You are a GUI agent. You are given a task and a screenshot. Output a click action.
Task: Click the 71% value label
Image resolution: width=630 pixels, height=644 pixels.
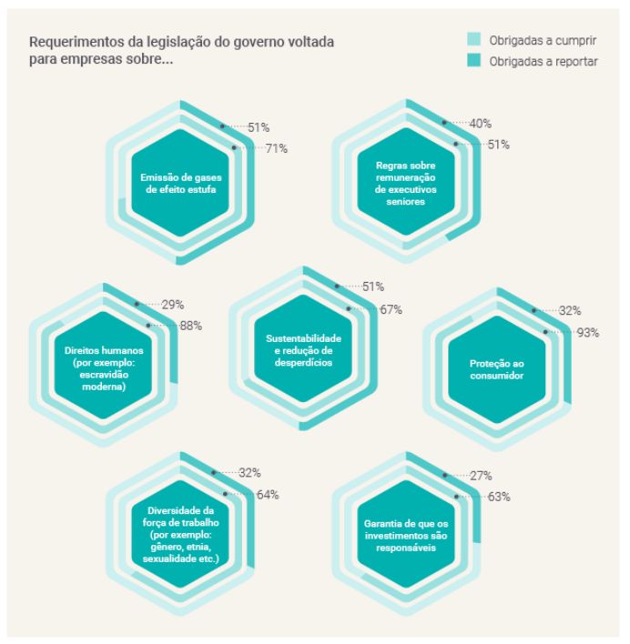276,149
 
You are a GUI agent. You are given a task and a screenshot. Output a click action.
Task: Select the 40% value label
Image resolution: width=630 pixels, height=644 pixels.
481,124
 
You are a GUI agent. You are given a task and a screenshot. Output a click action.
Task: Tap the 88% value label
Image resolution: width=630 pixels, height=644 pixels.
190,326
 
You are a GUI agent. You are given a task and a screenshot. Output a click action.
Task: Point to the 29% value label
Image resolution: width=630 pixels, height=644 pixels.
173,304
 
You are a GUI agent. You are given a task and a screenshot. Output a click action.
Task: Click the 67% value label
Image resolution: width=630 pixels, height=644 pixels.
391,309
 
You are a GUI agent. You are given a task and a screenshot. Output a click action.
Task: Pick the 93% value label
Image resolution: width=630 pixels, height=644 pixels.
587,333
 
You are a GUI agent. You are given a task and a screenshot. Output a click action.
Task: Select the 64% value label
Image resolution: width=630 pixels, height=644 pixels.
267,495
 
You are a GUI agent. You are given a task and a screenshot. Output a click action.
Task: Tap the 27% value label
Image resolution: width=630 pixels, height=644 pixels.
481,475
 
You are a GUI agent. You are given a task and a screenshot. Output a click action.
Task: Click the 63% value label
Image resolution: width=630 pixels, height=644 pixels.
498,497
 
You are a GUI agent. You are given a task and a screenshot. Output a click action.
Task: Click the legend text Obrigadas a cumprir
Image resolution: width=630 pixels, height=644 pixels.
544,40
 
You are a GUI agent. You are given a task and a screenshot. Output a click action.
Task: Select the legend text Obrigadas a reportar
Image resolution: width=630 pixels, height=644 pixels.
544,61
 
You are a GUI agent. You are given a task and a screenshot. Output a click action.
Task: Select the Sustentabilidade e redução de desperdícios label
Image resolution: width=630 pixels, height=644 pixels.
303,349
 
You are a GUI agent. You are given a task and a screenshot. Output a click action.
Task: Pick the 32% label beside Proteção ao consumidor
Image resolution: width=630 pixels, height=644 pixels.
570,311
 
